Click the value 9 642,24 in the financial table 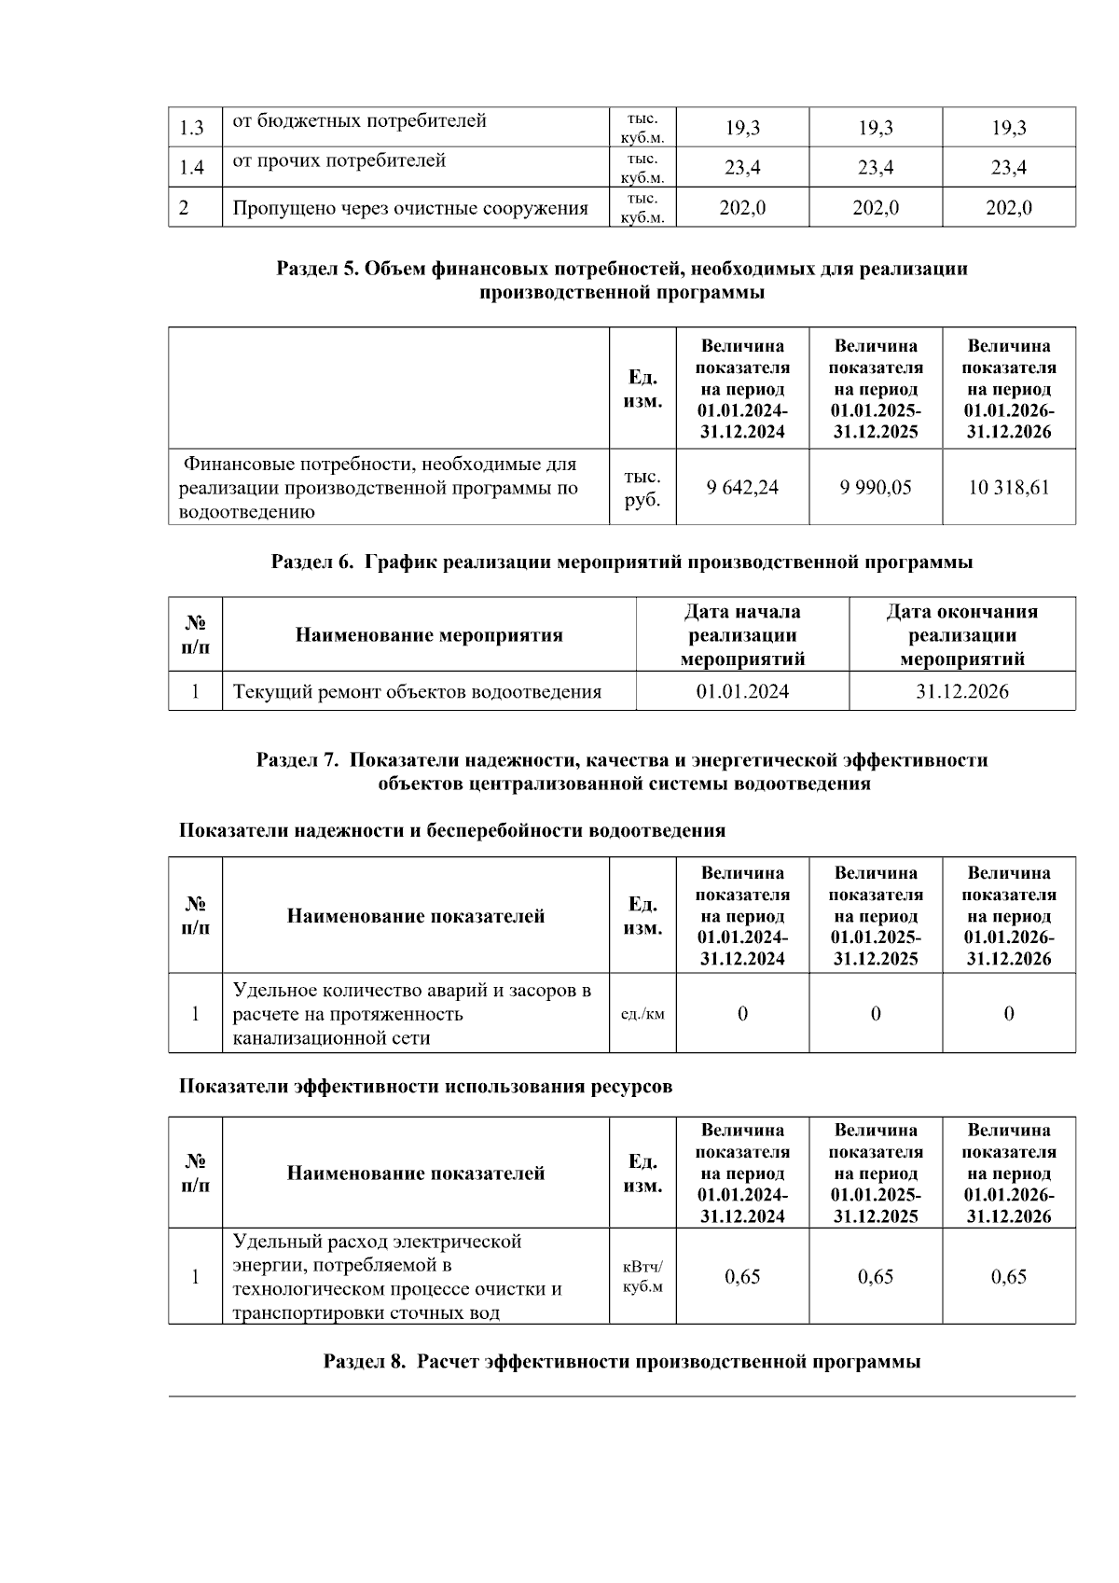point(742,487)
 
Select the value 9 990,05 point(876,487)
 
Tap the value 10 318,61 point(1008,487)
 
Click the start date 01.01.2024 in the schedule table point(742,691)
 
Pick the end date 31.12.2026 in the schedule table point(961,691)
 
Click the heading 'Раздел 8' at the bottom point(622,1361)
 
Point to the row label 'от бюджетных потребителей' point(359,121)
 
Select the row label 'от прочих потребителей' point(338,161)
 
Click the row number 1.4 point(192,168)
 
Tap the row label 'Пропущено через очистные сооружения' point(410,208)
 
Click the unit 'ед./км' point(642,1014)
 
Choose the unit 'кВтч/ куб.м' point(642,1277)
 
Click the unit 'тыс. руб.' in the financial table point(642,488)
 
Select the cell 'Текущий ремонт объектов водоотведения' point(417,692)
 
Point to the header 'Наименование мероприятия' point(429,635)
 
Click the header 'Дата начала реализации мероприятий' point(742,635)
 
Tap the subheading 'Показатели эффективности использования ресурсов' point(425,1087)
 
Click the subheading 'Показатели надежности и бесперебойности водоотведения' point(452,830)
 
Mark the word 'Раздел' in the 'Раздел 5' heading point(307,270)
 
